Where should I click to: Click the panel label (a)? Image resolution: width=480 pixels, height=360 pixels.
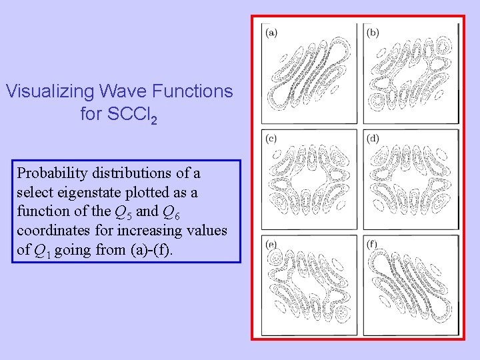(272, 32)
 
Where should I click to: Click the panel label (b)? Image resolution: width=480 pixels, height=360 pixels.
(373, 32)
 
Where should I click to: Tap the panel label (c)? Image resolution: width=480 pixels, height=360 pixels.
(272, 139)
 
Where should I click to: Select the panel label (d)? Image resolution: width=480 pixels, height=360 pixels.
(373, 139)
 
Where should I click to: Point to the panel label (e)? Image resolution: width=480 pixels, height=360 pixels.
(272, 245)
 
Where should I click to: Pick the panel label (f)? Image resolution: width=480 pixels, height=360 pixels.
(373, 245)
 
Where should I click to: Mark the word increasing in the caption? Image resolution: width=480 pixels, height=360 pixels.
(155, 231)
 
